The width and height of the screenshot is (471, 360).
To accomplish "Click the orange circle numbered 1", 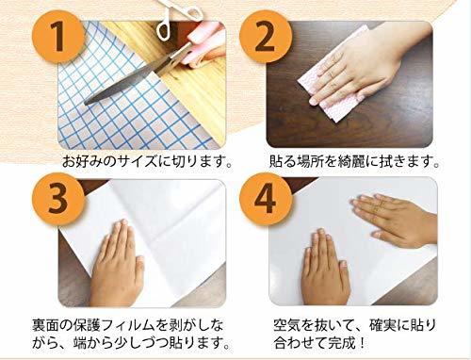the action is click(x=58, y=37).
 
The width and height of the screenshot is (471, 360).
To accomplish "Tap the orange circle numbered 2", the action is click(x=266, y=37).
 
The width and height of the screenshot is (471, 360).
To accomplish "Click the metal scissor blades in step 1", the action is click(x=132, y=78).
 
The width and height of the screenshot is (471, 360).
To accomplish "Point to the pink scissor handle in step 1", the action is click(x=201, y=45).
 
